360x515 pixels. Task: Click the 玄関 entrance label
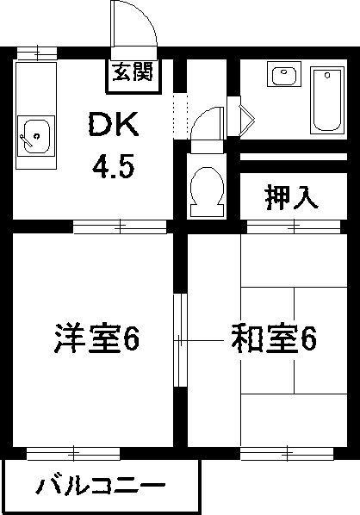[133, 72]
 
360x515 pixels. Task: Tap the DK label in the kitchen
[113, 124]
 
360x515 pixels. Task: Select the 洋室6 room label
[97, 338]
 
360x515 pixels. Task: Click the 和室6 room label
[274, 338]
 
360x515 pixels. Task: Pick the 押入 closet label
[292, 198]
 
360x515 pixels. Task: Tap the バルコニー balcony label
[100, 487]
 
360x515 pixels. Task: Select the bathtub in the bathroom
[326, 100]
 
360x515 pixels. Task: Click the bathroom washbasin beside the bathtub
[284, 74]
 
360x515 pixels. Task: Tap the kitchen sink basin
[36, 136]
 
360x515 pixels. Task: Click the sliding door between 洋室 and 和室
[180, 340]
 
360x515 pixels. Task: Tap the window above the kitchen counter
[37, 53]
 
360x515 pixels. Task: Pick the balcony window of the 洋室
[73, 454]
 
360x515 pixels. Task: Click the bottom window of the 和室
[287, 454]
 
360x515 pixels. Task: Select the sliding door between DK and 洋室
[120, 226]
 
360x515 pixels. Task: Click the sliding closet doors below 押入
[294, 226]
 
